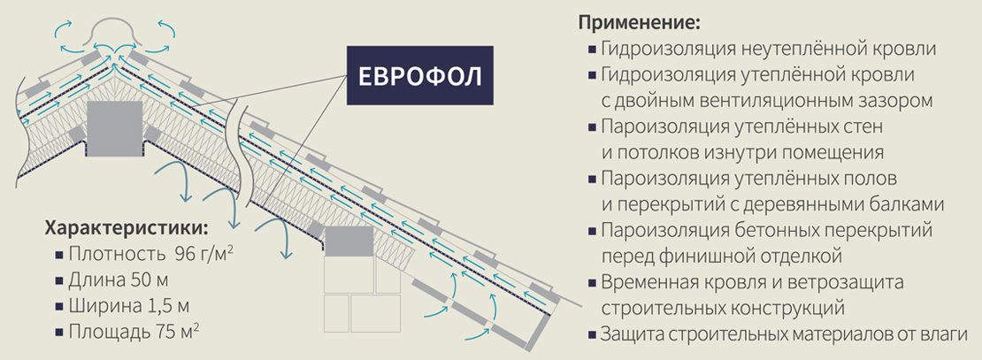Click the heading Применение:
click(x=639, y=23)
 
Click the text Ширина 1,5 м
click(x=129, y=306)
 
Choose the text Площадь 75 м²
click(x=134, y=331)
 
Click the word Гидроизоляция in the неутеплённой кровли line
click(x=666, y=50)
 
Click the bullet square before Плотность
click(x=59, y=255)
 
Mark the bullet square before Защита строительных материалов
click(x=591, y=333)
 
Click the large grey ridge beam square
click(x=114, y=130)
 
